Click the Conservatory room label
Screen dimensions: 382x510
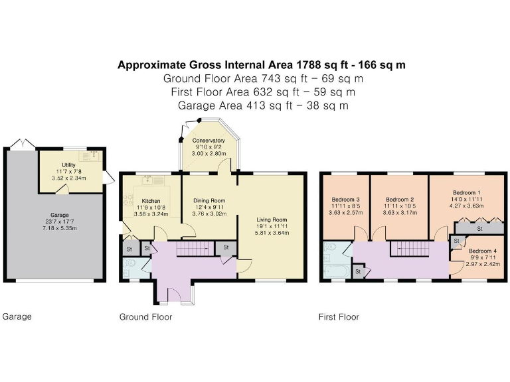209,141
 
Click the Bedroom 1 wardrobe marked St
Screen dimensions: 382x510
479,229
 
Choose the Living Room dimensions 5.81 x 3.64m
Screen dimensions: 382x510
272,233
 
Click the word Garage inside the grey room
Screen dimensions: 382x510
60,215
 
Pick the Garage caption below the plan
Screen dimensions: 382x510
17,316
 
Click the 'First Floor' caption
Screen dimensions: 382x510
339,317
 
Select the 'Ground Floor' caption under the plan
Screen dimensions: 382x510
145,317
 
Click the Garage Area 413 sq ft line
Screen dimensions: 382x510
264,105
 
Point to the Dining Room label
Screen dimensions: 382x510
209,200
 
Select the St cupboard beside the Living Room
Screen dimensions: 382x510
225,247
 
